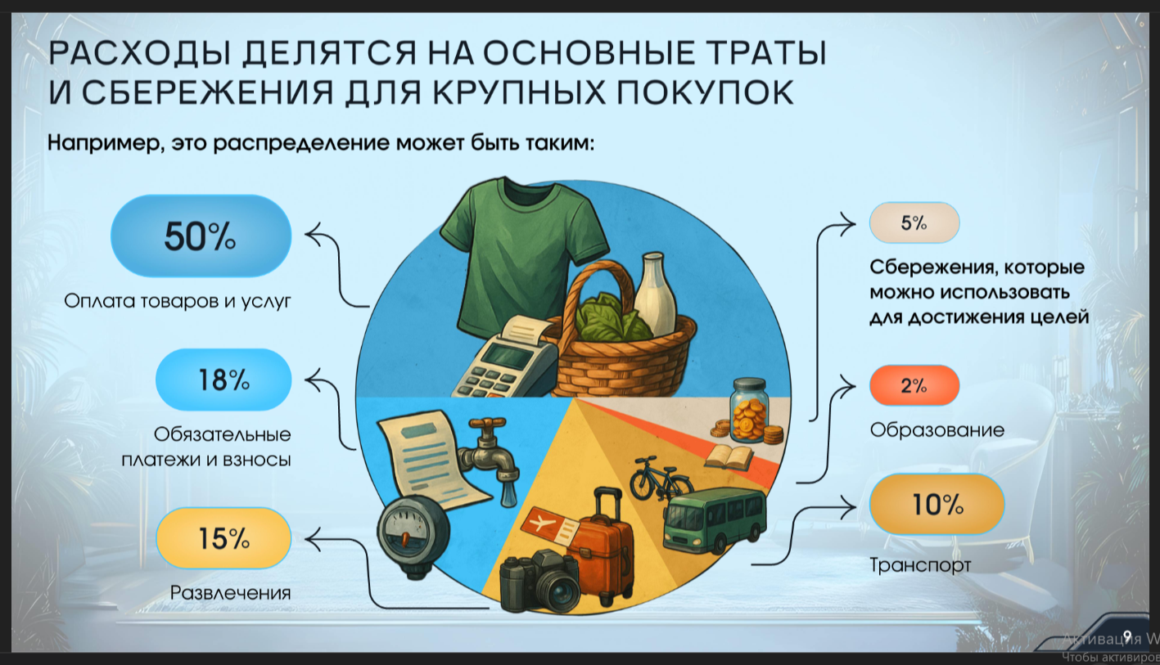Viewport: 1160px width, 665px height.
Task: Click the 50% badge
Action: tap(201, 236)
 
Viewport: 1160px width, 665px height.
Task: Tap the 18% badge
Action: tap(223, 380)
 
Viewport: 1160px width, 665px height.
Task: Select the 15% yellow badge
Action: tap(223, 538)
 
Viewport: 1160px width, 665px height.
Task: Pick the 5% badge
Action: tap(914, 222)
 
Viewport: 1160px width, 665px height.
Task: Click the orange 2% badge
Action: tap(914, 385)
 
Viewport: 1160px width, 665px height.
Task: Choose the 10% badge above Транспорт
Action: tap(937, 504)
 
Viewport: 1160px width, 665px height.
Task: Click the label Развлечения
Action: tap(231, 593)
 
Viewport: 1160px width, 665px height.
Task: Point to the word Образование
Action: tap(937, 430)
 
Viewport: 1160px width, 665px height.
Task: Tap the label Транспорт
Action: tap(920, 565)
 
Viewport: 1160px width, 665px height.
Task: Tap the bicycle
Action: tap(661, 479)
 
